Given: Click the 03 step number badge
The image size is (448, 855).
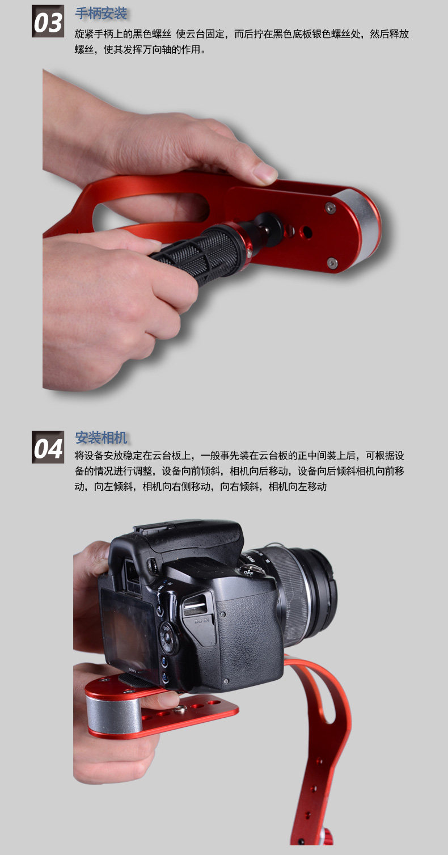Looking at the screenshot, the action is pos(48,22).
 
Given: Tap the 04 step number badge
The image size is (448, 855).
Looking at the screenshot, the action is pos(48,447).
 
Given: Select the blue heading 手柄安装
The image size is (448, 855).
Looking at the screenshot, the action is pos(101,14).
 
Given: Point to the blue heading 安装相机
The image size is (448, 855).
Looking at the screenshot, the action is pos(101,437).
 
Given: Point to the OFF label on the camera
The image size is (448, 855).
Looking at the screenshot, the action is pos(248,572).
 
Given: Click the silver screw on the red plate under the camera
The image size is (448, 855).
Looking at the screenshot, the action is pos(180,709).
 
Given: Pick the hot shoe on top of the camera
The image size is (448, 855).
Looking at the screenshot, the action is pos(153,528).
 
